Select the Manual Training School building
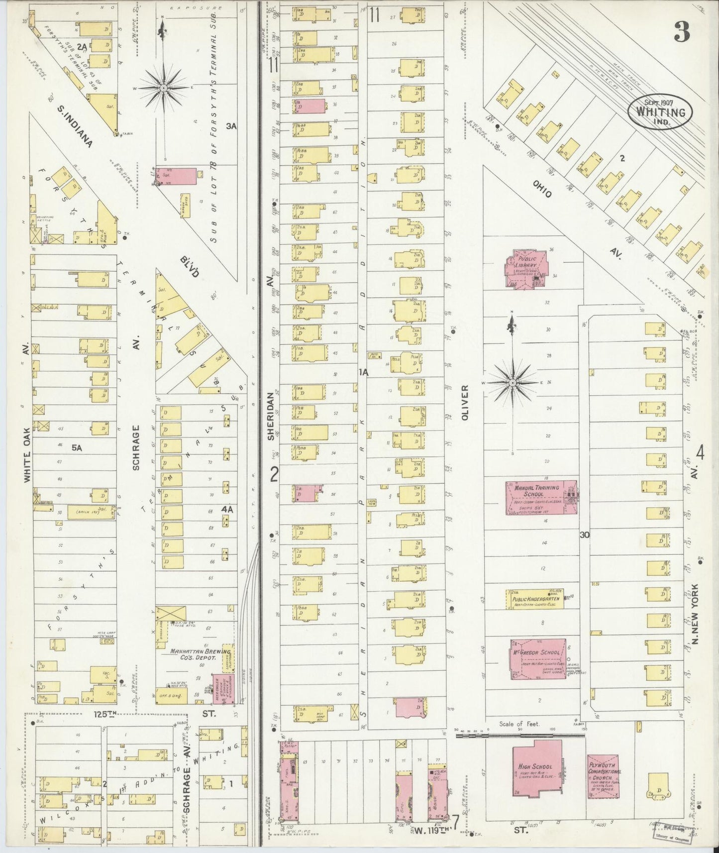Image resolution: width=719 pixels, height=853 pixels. [x=541, y=497]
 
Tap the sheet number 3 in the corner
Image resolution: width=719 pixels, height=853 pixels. [x=682, y=33]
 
